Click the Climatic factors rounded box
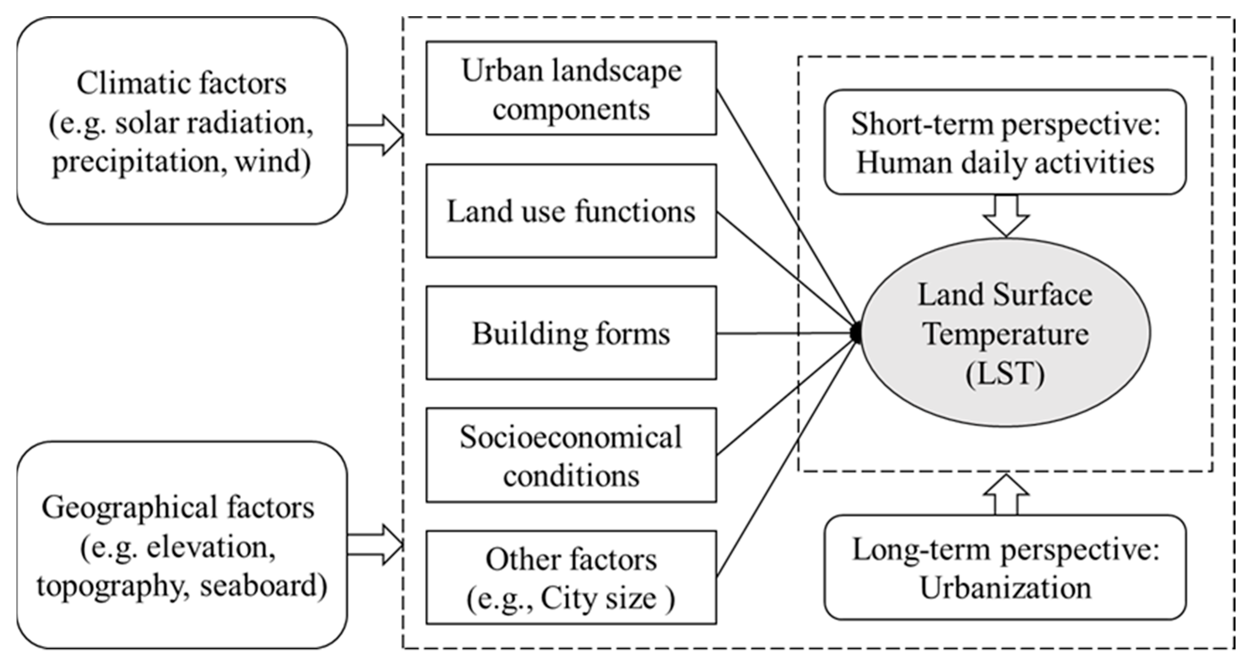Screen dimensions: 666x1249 [x=182, y=121]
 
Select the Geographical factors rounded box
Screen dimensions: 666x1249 [x=182, y=545]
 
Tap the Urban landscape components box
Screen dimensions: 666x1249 [x=571, y=88]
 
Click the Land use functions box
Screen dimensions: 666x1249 [x=571, y=211]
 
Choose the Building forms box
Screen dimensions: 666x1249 [x=571, y=333]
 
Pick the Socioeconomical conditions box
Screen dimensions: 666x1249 [x=571, y=455]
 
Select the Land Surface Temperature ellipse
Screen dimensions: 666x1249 [x=1005, y=333]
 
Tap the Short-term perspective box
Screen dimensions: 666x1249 [x=1005, y=142]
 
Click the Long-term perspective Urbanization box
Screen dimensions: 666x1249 [x=1005, y=568]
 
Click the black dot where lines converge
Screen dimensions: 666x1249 [x=857, y=333]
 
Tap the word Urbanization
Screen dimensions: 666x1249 [x=1005, y=588]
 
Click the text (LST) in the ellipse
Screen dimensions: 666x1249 [x=1005, y=373]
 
